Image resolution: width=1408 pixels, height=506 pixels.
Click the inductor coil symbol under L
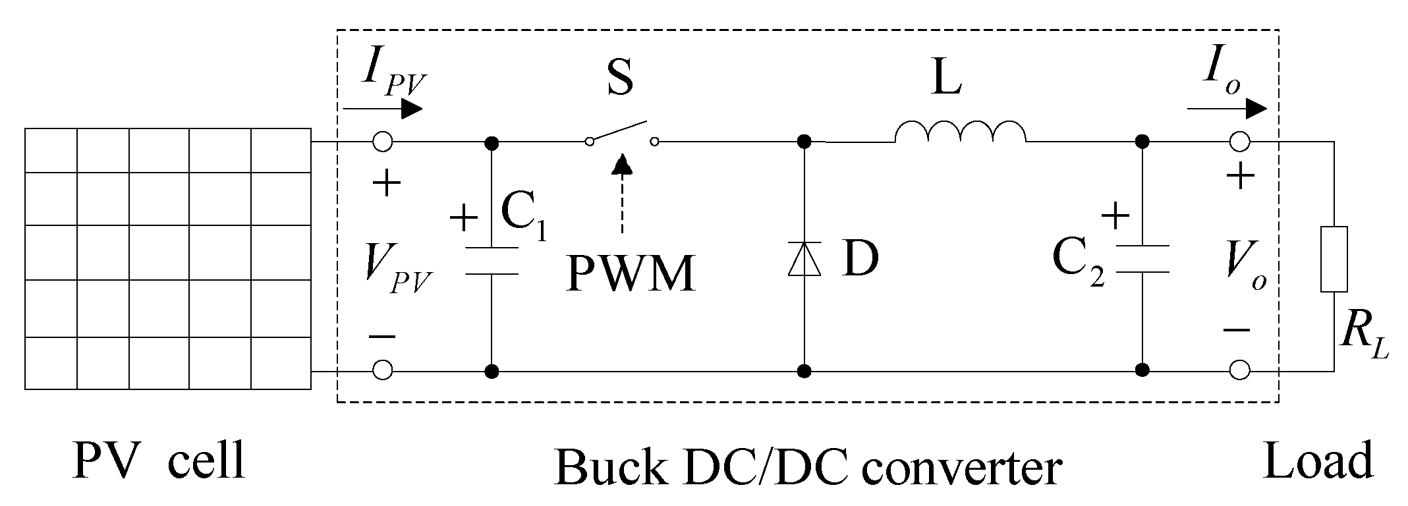tap(960, 132)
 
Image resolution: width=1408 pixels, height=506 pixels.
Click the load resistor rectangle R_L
tap(1334, 258)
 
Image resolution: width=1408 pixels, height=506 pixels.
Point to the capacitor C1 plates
tap(492, 261)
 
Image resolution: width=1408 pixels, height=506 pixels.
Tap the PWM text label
tap(631, 274)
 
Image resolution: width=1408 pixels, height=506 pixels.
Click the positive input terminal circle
tap(383, 142)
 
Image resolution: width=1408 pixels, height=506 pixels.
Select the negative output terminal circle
tap(1239, 370)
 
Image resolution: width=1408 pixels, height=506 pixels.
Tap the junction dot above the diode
tap(804, 142)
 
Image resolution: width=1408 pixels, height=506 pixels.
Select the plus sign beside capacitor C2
tap(1115, 216)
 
